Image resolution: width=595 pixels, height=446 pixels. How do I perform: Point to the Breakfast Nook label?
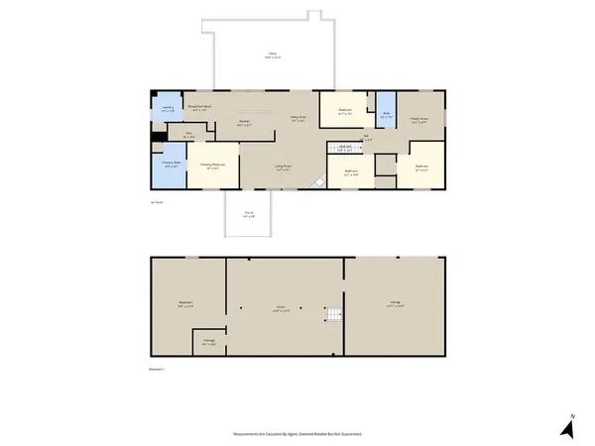coord(202,108)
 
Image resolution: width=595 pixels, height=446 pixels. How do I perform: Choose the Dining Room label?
coord(296,119)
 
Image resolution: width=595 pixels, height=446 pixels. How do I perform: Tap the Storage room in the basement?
coord(209,342)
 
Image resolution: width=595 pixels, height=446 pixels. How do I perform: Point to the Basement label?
coord(185,303)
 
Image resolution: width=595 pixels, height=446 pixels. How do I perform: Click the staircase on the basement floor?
coord(333,316)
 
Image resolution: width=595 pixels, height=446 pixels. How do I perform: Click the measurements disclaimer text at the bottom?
coord(297,434)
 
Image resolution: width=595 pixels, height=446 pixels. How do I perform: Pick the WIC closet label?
coord(185,137)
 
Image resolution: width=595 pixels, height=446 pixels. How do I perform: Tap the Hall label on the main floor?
coord(366,138)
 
